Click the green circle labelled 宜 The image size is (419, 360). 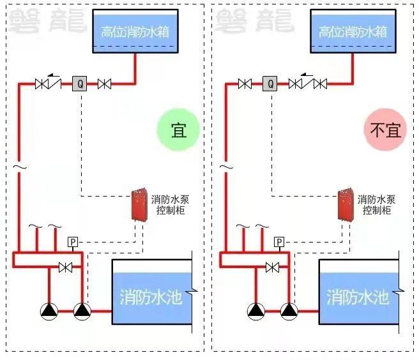(x=178, y=130)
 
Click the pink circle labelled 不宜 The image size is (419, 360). (x=385, y=130)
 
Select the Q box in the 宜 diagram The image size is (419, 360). (x=80, y=83)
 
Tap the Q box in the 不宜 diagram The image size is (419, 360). (x=270, y=83)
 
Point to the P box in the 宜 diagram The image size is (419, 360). (x=73, y=242)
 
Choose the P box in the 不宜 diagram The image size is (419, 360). (x=279, y=242)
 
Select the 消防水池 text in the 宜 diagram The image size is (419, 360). (x=151, y=297)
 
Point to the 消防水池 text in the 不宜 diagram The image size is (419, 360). (x=358, y=297)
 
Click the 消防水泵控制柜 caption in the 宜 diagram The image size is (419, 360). (x=168, y=204)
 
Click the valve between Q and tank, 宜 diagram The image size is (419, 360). (x=104, y=83)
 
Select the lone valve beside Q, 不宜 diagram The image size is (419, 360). (x=243, y=83)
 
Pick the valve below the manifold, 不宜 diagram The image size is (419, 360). (x=273, y=267)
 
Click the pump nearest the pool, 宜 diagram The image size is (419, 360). (x=82, y=311)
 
